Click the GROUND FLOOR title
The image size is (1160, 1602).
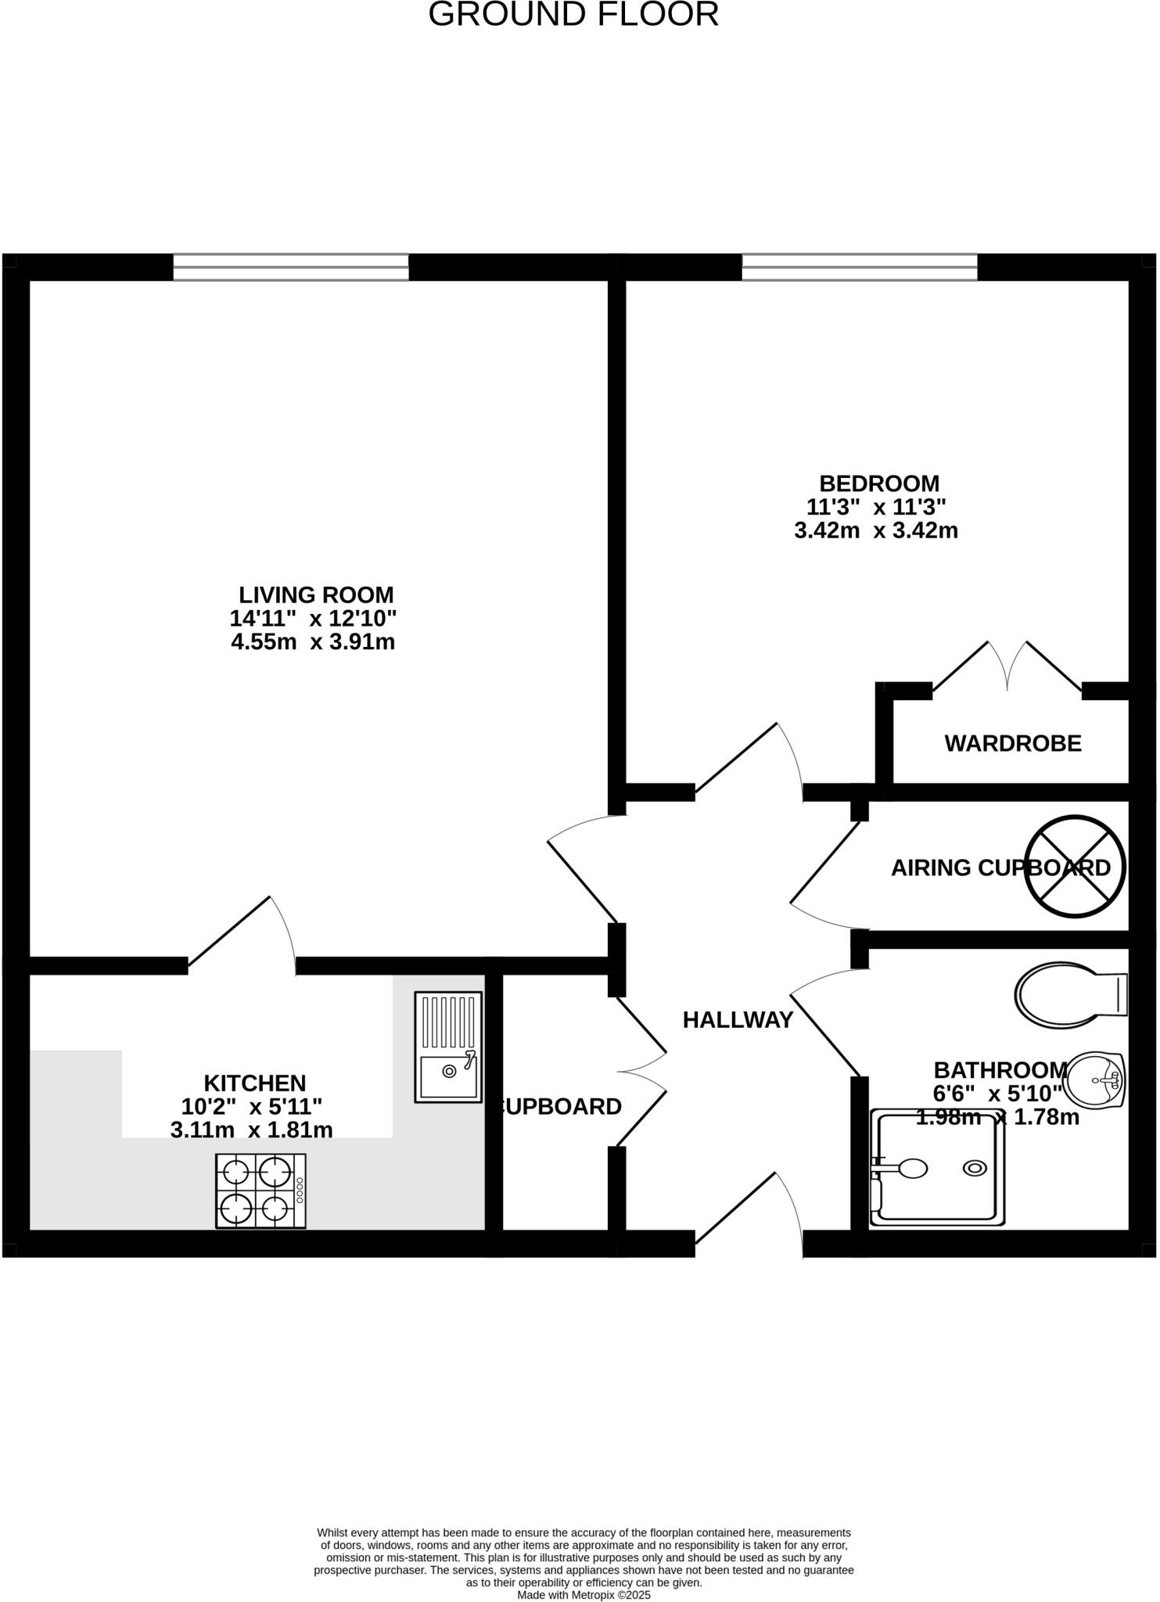click(573, 15)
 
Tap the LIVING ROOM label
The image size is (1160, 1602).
click(316, 595)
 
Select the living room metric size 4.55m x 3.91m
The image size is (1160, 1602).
click(313, 643)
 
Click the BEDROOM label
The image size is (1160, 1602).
click(879, 483)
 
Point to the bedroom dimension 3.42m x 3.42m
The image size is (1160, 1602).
click(876, 531)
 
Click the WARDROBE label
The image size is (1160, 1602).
click(1013, 744)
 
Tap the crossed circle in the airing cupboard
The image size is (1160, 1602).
click(1075, 866)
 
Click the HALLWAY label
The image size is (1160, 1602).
click(738, 1020)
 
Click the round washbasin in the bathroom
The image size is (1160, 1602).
click(1095, 1080)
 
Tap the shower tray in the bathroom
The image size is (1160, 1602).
click(938, 1169)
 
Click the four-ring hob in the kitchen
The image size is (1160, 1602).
click(260, 1191)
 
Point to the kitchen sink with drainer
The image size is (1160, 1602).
click(448, 1047)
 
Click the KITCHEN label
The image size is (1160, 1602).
click(255, 1083)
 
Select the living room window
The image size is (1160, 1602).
click(290, 268)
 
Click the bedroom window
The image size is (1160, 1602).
click(860, 268)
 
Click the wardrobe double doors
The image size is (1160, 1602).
click(1007, 667)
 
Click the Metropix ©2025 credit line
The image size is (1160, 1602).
click(584, 1595)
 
